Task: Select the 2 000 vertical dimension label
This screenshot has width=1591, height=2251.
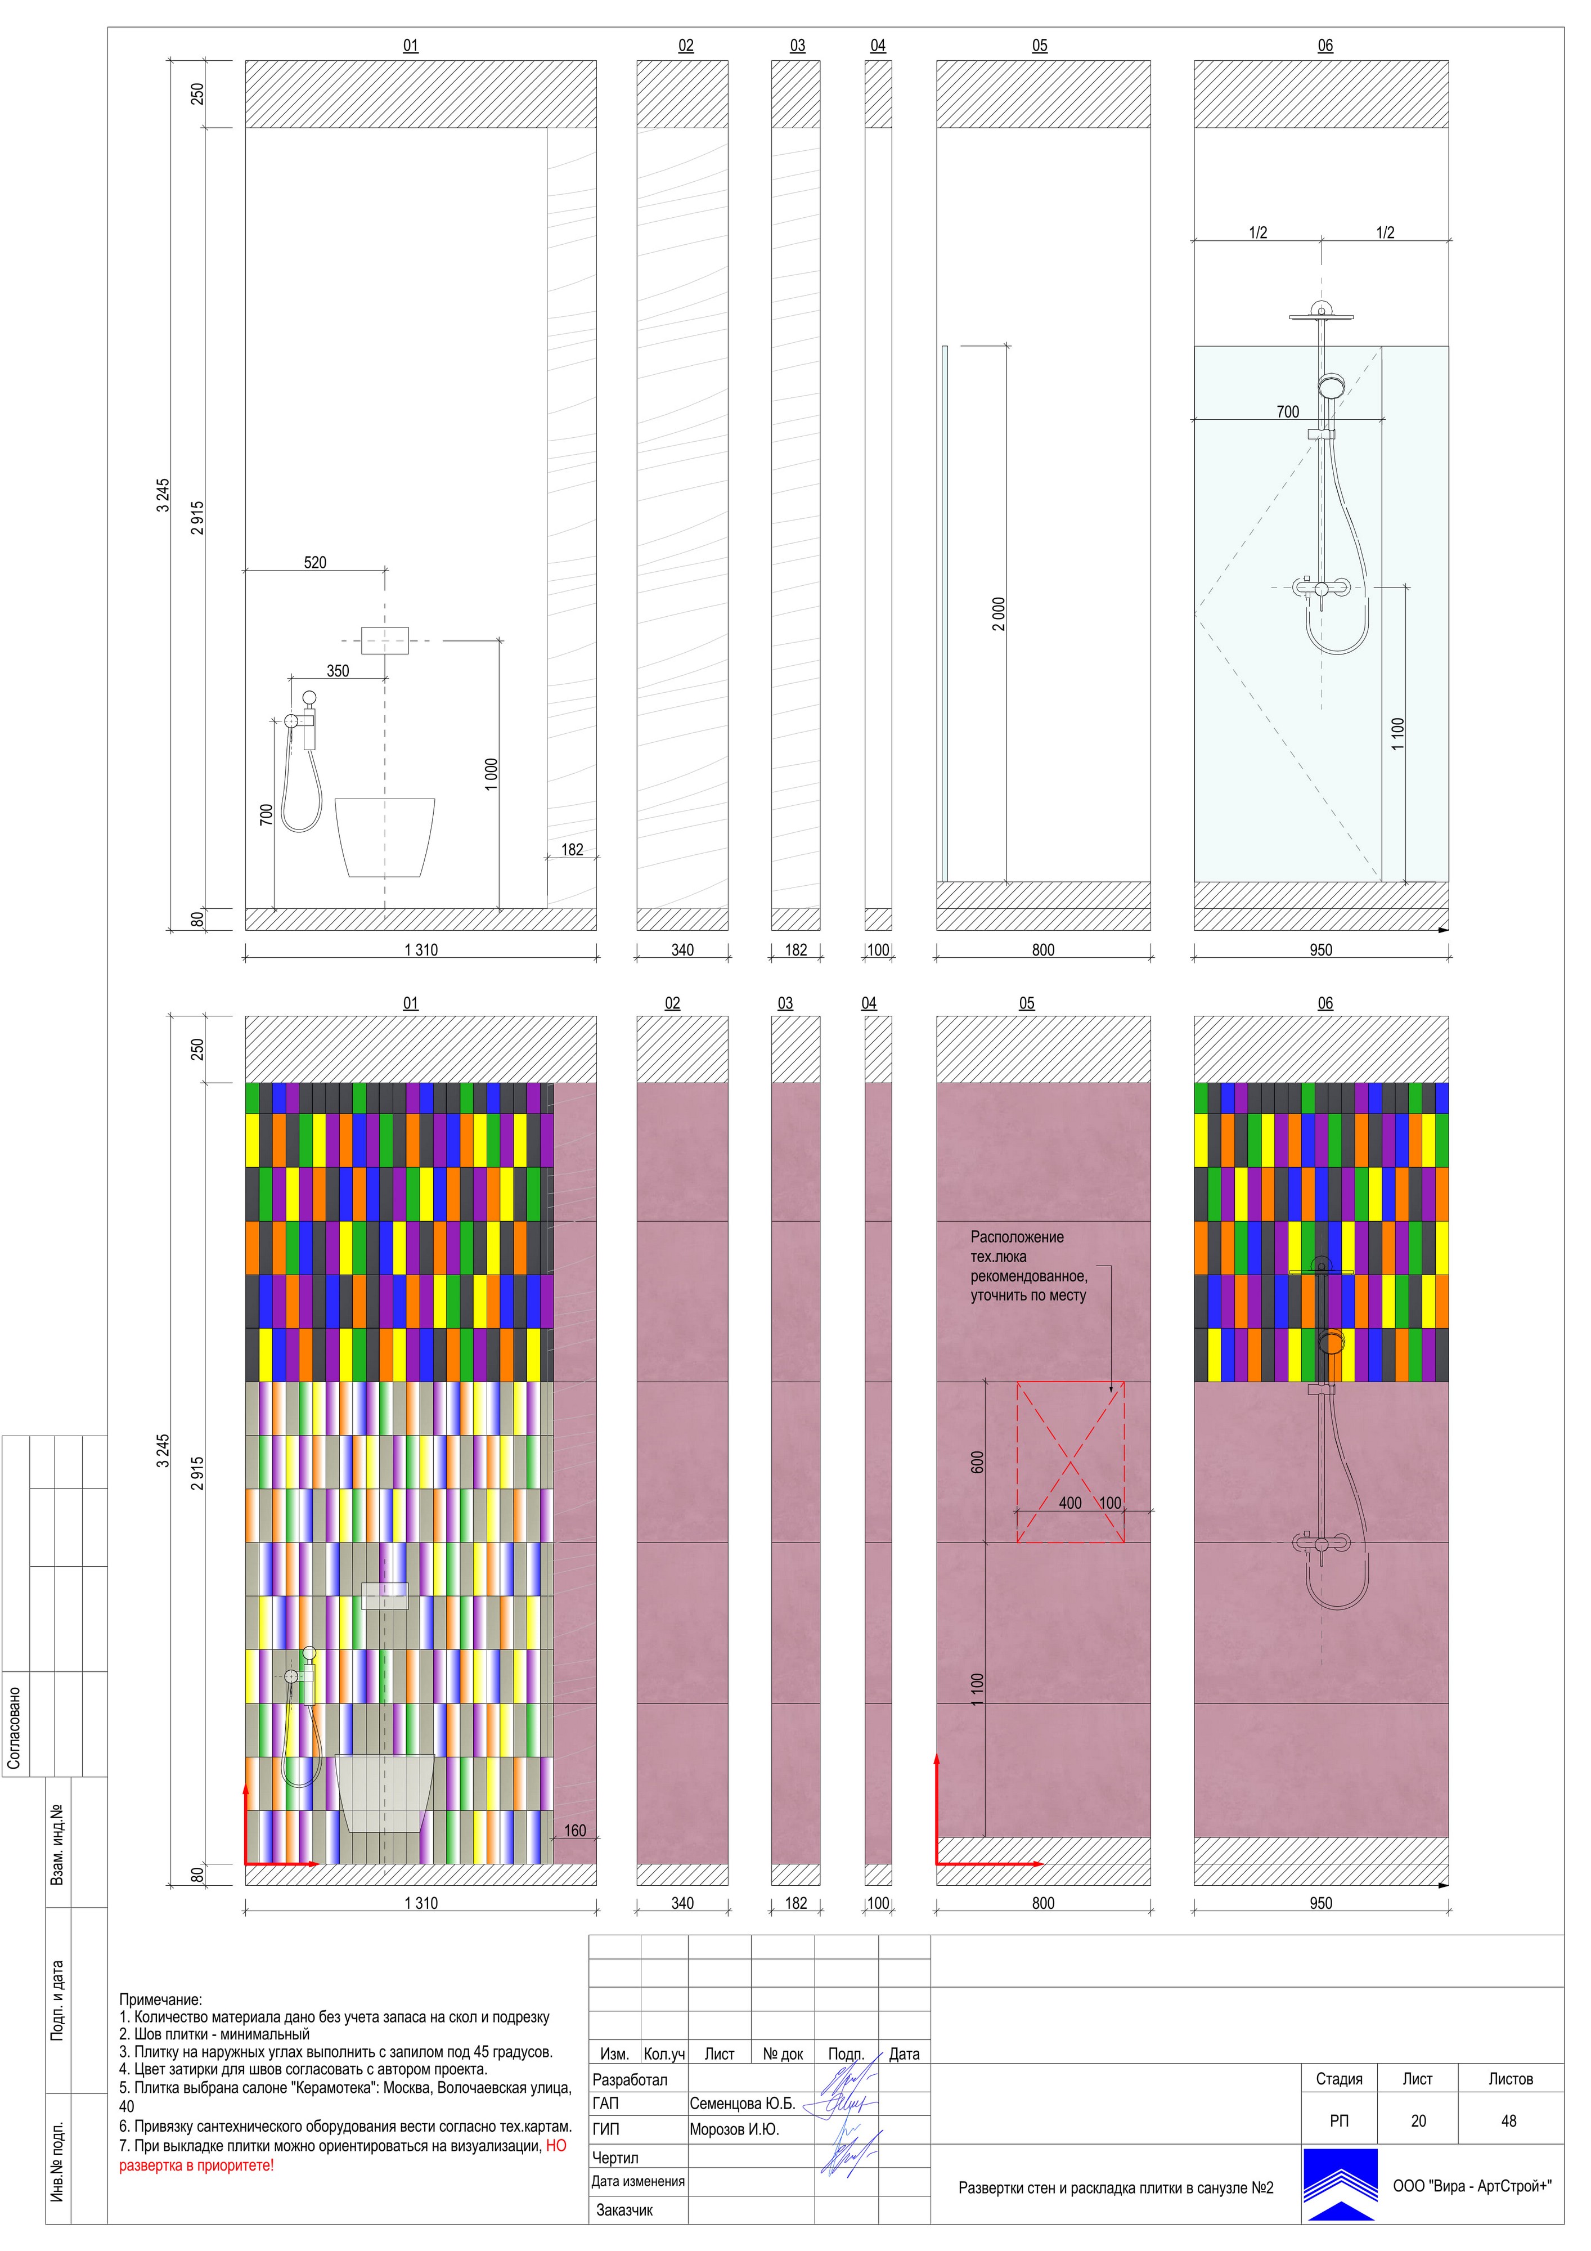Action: [x=999, y=614]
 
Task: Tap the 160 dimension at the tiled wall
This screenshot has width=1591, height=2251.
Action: [x=576, y=1831]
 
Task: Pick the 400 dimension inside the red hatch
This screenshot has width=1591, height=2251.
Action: [x=1071, y=1503]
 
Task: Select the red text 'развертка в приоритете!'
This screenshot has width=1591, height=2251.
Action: [x=196, y=2165]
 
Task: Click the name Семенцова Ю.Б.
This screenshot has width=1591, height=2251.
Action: [x=742, y=2104]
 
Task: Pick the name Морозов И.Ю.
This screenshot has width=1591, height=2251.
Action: [x=734, y=2129]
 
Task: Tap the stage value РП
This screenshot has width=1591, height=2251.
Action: [x=1339, y=2120]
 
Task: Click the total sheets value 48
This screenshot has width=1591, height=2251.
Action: [x=1509, y=2120]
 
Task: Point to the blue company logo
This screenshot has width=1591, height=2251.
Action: [x=1340, y=2185]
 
